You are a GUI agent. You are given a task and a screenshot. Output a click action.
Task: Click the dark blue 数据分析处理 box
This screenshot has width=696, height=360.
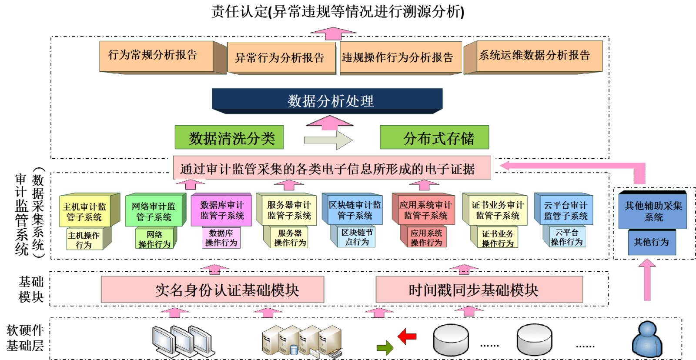click(x=327, y=100)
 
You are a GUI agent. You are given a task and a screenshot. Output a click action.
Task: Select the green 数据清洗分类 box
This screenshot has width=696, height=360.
click(x=229, y=138)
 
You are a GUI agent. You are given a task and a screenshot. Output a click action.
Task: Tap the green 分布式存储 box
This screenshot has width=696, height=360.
click(x=434, y=138)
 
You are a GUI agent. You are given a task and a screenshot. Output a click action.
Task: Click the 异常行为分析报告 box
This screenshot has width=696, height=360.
click(x=281, y=58)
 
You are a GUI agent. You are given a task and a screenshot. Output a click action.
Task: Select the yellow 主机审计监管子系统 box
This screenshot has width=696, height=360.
click(x=85, y=212)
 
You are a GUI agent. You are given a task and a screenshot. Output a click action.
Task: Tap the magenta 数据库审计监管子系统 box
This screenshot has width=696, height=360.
click(x=221, y=210)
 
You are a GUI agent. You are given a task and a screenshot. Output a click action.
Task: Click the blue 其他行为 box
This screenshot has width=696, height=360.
click(x=652, y=242)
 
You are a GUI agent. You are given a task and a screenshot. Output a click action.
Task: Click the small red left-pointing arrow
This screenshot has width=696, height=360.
click(x=407, y=336)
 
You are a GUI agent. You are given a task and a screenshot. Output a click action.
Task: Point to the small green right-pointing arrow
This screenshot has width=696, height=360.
click(x=385, y=347)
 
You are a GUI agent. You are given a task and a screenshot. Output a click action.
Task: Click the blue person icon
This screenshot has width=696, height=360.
click(x=647, y=340)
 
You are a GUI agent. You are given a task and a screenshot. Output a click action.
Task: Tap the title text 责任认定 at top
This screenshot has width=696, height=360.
click(x=239, y=11)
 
